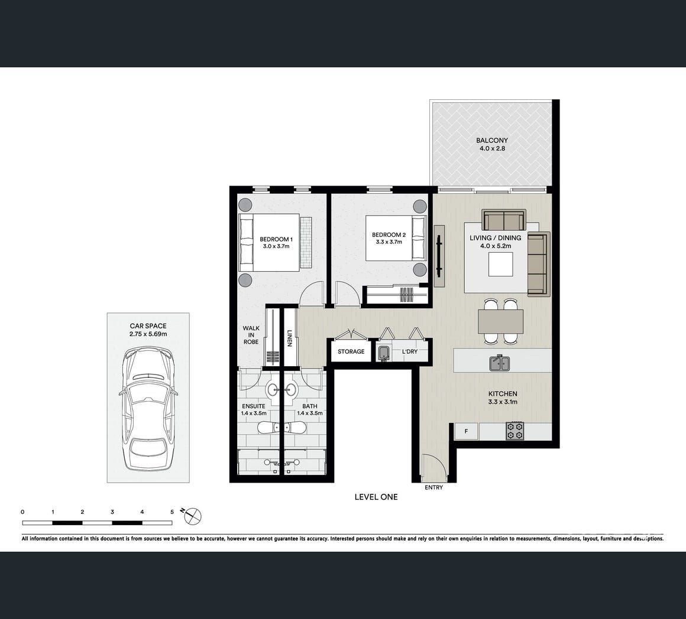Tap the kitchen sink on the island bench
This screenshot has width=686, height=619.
pyautogui.click(x=499, y=363)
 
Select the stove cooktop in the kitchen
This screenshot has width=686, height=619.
pyautogui.click(x=515, y=430)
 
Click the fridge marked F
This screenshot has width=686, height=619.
pyautogui.click(x=467, y=431)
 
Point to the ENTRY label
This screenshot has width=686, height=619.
pyautogui.click(x=433, y=487)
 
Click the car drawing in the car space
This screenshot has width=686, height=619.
pyautogui.click(x=148, y=409)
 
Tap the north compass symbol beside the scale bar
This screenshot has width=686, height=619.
pyautogui.click(x=193, y=516)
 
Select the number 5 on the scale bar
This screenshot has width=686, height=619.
pyautogui.click(x=172, y=512)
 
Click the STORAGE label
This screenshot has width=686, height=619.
pyautogui.click(x=351, y=351)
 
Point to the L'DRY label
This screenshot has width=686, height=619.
pyautogui.click(x=410, y=351)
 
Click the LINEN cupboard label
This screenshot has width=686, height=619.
pyautogui.click(x=289, y=338)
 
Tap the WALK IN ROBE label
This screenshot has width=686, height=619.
pyautogui.click(x=251, y=335)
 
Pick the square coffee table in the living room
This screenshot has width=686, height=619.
pyautogui.click(x=500, y=265)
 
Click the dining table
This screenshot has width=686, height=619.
pyautogui.click(x=500, y=321)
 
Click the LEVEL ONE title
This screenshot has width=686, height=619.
pyautogui.click(x=376, y=497)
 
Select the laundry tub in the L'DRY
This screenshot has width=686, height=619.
pyautogui.click(x=383, y=353)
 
